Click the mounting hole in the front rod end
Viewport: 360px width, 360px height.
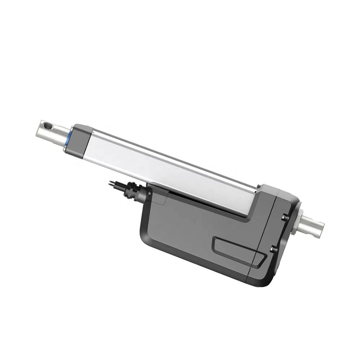point(46,126)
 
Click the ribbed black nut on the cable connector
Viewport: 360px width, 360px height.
point(128,190)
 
